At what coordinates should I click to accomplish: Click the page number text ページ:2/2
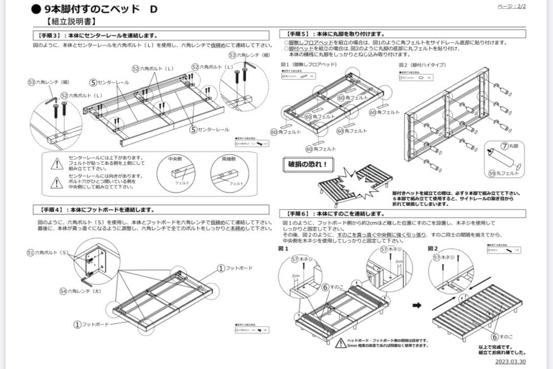(512, 6)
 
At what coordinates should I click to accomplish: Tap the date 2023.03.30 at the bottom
(511, 362)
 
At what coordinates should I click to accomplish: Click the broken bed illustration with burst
(354, 182)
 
